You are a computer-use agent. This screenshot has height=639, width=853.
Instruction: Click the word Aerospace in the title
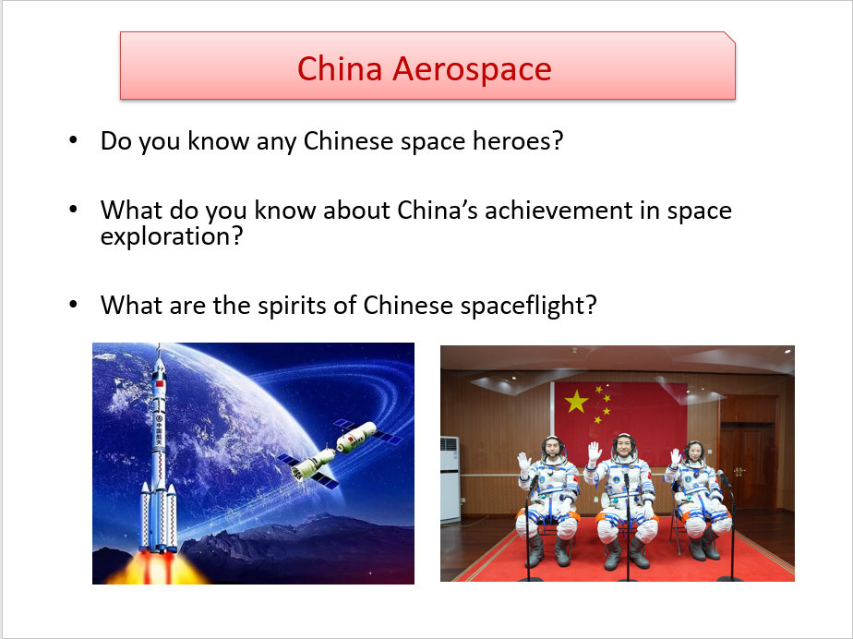tap(472, 69)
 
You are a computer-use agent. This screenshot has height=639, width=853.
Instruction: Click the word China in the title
tap(340, 68)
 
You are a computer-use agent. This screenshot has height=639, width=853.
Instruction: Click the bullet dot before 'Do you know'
tap(74, 139)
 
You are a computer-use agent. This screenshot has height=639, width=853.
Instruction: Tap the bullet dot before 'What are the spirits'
tap(74, 304)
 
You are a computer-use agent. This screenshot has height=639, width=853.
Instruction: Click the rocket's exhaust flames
tap(158, 568)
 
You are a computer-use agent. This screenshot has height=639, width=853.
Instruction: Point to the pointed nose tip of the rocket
tap(159, 344)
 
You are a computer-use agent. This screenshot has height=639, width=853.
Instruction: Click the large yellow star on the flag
tap(576, 402)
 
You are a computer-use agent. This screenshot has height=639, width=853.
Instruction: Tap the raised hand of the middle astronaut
tap(595, 452)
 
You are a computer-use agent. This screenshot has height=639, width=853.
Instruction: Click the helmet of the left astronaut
tap(554, 448)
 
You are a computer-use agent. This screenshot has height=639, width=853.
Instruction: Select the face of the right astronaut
tap(692, 452)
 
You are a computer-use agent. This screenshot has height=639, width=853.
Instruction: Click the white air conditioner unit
tap(450, 479)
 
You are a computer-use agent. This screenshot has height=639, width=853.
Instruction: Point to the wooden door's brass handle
tap(739, 471)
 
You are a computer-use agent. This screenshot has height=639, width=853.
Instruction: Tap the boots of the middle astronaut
tap(626, 553)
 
